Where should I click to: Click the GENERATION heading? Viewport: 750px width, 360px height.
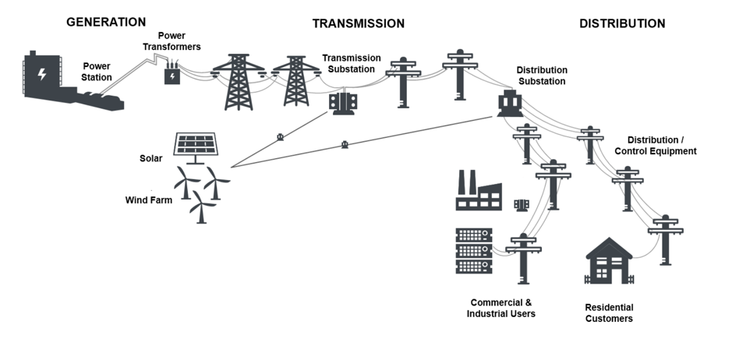click(106, 22)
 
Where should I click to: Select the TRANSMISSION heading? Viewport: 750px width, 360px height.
click(358, 23)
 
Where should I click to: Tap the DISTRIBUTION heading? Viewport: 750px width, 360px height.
click(621, 23)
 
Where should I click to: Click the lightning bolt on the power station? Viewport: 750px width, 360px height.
click(42, 76)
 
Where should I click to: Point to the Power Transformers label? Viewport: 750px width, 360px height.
click(179, 41)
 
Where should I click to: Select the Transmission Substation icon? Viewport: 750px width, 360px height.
click(343, 103)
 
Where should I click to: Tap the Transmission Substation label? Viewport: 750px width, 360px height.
click(351, 64)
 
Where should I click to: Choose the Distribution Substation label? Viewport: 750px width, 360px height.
click(540, 76)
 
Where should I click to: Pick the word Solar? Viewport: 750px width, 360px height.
click(151, 158)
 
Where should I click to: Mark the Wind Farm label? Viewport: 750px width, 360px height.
click(148, 200)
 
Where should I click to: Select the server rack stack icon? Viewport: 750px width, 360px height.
click(472, 251)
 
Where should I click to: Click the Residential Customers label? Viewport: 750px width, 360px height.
click(609, 312)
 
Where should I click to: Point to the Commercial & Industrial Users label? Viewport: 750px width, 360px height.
click(501, 308)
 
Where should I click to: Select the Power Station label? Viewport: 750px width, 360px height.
click(97, 72)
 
